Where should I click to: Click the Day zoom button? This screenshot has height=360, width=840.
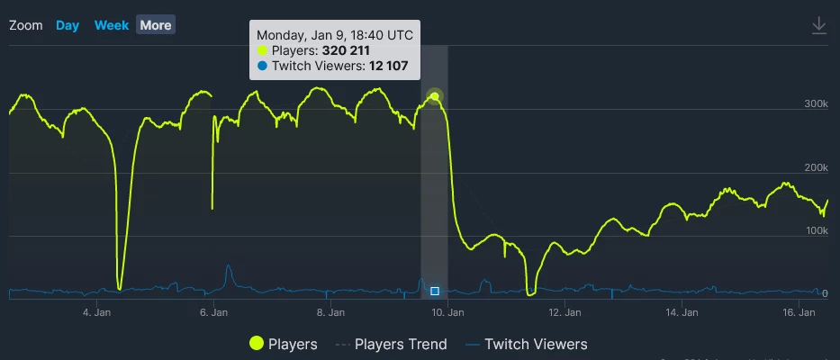[x=68, y=25]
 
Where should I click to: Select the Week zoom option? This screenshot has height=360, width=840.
[x=112, y=25]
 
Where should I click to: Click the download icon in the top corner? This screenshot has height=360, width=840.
[x=818, y=25]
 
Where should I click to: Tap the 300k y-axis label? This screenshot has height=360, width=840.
[x=816, y=104]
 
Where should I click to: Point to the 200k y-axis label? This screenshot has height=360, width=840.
[x=816, y=168]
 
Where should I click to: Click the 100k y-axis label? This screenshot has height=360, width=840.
[x=816, y=231]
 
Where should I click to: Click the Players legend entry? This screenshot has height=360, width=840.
[x=284, y=344]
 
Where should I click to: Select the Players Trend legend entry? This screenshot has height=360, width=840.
[x=391, y=344]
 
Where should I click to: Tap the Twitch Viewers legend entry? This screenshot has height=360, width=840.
[x=526, y=344]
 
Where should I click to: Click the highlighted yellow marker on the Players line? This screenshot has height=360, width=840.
[x=435, y=96]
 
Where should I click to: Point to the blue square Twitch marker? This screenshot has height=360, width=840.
[x=435, y=291]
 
